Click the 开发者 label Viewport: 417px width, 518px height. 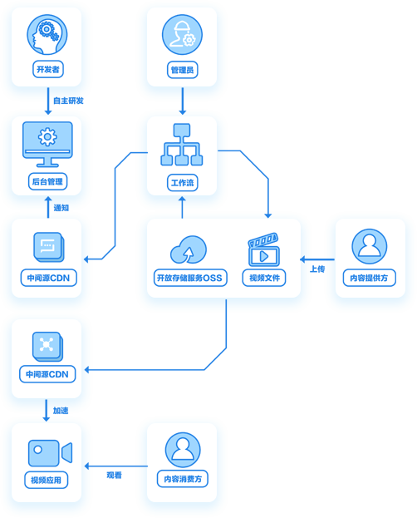pos(48,69)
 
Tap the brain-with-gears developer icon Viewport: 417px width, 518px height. pos(47,34)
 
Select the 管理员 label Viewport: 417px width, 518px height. pos(182,70)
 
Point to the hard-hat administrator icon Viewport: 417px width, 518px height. pos(182,34)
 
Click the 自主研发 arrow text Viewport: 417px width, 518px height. pos(68,101)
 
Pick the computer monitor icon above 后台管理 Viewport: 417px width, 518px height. pos(47,145)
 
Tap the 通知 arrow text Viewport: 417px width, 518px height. pos(61,208)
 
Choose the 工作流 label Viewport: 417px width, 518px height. pos(182,183)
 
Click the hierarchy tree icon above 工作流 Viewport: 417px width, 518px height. pos(182,145)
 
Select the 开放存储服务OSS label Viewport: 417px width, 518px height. pos(190,278)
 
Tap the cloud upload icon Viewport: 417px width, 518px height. pos(189,249)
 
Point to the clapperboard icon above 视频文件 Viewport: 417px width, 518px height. pos(263,249)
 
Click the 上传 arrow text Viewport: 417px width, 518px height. pos(317,269)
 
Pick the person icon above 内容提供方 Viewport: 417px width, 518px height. pos(370,246)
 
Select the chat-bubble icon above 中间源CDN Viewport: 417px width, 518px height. pos(49,247)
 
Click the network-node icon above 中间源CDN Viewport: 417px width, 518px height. pos(47,346)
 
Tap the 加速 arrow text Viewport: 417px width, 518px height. pos(61,411)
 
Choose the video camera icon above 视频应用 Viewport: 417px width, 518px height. pos(50,452)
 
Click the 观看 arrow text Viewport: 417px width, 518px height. pos(115,475)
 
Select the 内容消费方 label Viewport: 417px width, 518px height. pos(183,479)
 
